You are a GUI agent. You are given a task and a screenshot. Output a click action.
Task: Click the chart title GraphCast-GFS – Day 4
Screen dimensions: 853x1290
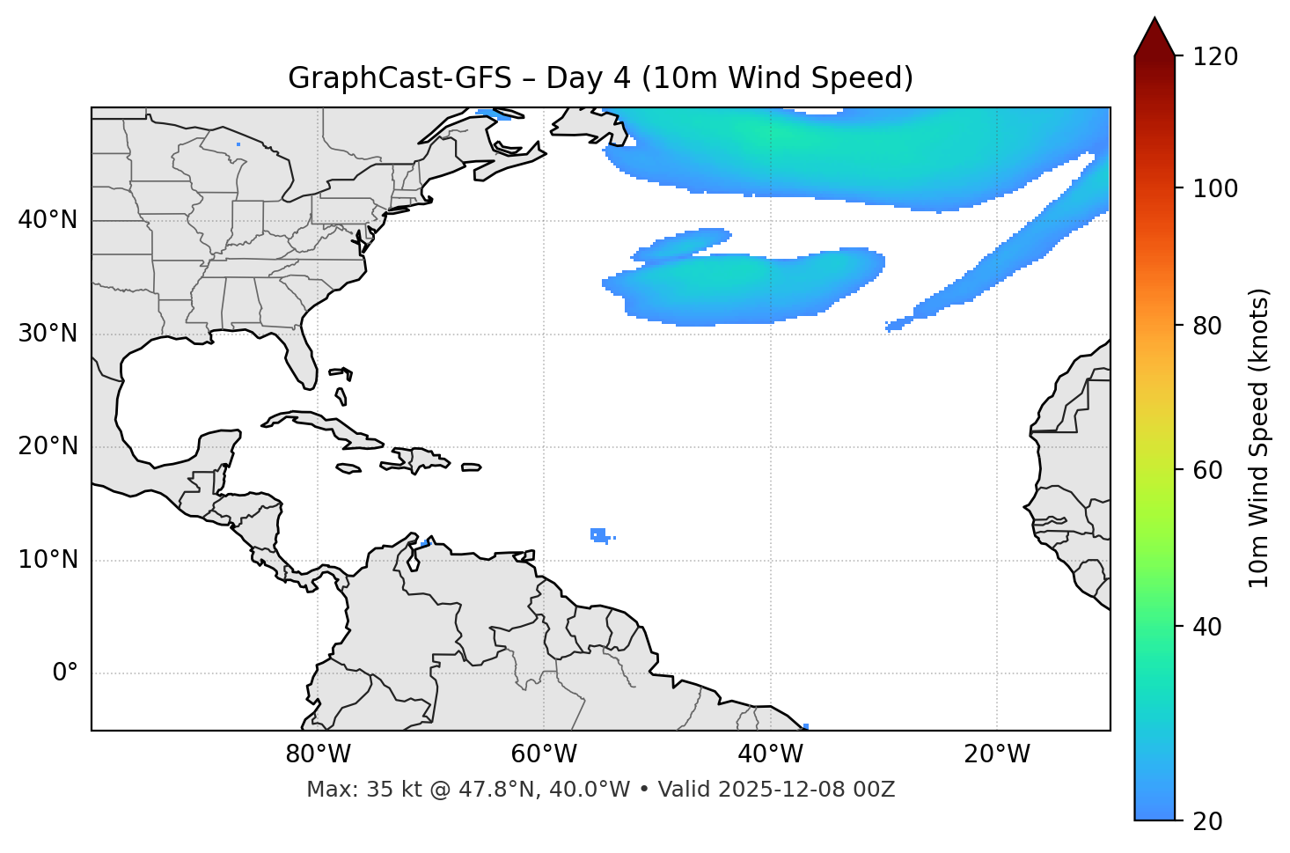click(600, 78)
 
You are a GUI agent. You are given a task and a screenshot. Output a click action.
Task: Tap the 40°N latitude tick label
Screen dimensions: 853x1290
click(48, 220)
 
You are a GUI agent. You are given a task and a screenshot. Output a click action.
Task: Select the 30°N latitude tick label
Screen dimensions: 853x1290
click(48, 334)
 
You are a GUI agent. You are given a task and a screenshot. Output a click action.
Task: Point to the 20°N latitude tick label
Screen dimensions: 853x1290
click(48, 446)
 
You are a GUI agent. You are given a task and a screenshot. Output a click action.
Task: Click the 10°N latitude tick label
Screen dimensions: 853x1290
click(48, 560)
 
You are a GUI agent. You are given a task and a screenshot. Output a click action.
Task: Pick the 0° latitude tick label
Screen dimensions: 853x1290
click(65, 673)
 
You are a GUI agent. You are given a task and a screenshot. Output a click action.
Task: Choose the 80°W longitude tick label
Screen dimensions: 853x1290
click(318, 754)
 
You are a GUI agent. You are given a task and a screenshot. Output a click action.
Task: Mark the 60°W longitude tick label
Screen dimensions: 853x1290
click(544, 754)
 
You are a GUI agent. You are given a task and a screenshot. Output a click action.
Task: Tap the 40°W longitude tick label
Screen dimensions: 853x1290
click(770, 754)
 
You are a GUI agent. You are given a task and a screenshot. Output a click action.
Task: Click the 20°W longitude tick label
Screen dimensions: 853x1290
click(996, 754)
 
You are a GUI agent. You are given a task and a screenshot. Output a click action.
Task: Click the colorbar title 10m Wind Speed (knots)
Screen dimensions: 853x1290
click(1259, 438)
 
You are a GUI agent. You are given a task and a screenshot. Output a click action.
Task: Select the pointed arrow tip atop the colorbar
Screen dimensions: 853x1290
click(1154, 21)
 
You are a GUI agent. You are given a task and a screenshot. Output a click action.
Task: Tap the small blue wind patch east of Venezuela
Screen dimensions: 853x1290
click(599, 534)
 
